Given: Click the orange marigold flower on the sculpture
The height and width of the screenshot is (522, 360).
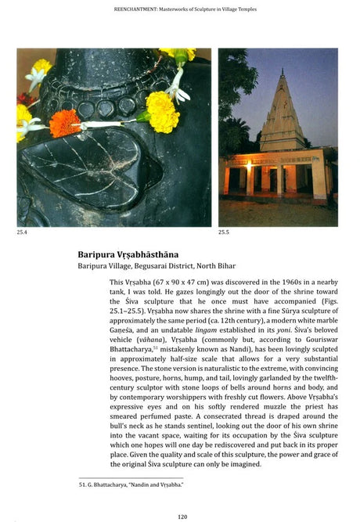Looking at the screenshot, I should click(65, 123).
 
